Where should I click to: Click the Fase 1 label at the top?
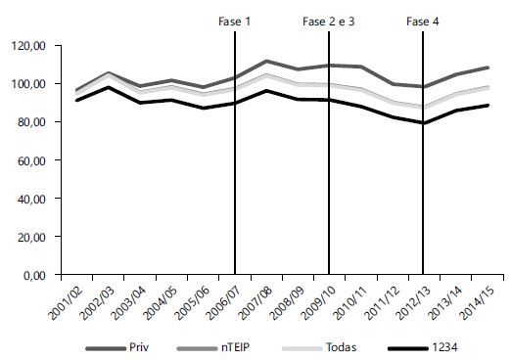234,21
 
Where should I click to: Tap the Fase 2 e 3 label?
329,21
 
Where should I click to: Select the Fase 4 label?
422,21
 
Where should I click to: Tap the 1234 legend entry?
428,347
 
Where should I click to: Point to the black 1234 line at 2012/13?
423,123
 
